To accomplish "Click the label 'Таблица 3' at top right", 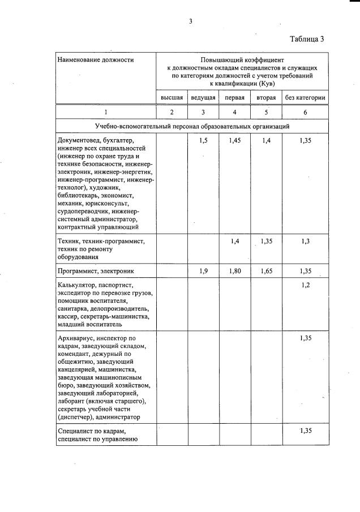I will click(307, 39).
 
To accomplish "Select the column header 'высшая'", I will click(172, 98).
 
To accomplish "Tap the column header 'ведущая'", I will click(203, 98).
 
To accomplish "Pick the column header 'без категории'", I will click(305, 98).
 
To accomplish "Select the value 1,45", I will click(235, 140).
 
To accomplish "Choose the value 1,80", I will click(235, 271).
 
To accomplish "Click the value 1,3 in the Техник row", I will click(305, 241).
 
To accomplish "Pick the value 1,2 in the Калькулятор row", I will click(305, 285).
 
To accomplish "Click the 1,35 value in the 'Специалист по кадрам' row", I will click(305, 431).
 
